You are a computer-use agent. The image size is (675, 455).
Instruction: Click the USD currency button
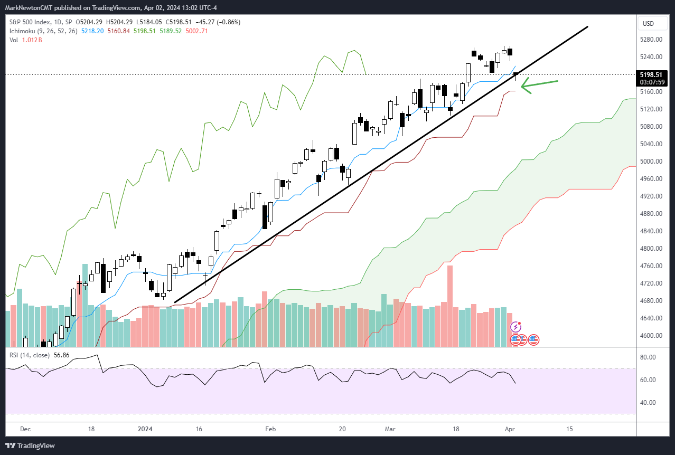tap(648, 24)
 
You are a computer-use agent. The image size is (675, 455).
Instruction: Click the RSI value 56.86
tap(60, 355)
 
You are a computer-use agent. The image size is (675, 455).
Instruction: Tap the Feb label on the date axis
tap(270, 429)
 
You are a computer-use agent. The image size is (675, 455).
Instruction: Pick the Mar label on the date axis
tap(390, 429)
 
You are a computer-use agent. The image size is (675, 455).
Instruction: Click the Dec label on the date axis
tap(25, 429)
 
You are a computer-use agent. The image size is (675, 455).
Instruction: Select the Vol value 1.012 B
tap(32, 40)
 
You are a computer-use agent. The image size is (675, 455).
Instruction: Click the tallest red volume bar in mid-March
tap(450, 306)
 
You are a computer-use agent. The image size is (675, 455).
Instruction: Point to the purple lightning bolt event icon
tap(517, 327)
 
